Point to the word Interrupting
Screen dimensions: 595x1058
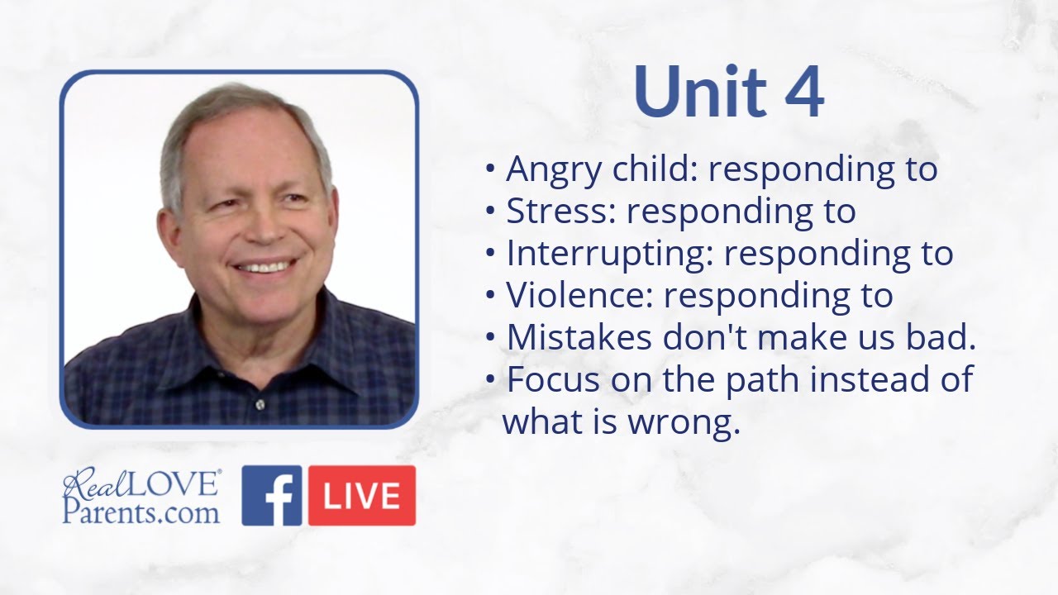[x=608, y=254]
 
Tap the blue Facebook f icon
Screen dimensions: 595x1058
[x=272, y=496]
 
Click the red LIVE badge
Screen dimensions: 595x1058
[x=362, y=496]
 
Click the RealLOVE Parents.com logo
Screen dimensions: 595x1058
[x=141, y=496]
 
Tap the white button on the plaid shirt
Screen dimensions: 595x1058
[x=260, y=404]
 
